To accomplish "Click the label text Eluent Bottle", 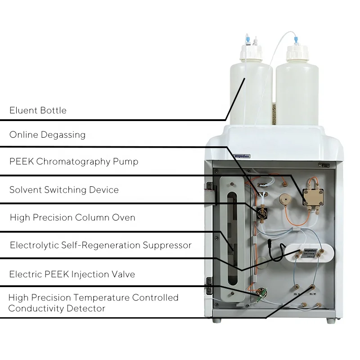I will pyautogui.click(x=38, y=111).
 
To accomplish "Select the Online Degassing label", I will pyautogui.click(x=47, y=135).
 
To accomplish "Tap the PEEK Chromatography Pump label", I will pyautogui.click(x=74, y=162).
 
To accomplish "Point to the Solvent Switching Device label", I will pyautogui.click(x=64, y=190).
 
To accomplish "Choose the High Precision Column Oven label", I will pyautogui.click(x=72, y=218).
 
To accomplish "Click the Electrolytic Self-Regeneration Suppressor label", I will pyautogui.click(x=100, y=245).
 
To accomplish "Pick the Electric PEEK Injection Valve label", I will pyautogui.click(x=72, y=274).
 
